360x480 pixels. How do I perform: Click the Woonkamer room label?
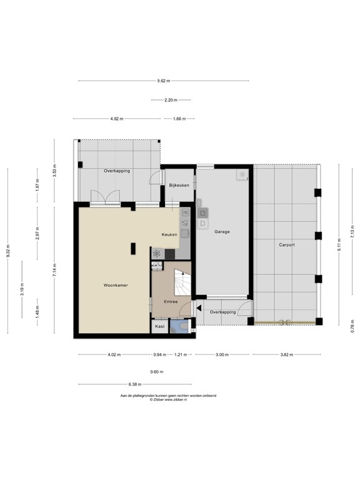click(x=116, y=285)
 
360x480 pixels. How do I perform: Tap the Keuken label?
click(x=169, y=234)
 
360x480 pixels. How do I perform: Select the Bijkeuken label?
click(x=179, y=185)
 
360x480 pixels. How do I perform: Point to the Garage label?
click(x=222, y=231)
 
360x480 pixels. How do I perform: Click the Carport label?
click(x=286, y=244)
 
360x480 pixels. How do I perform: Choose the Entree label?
click(x=171, y=302)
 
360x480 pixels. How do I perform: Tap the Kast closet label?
click(x=159, y=326)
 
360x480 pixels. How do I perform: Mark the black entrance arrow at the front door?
click(x=198, y=307)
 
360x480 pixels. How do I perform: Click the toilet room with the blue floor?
click(x=182, y=327)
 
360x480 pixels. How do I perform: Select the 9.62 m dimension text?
click(x=164, y=81)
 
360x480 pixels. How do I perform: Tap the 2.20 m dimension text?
click(x=171, y=100)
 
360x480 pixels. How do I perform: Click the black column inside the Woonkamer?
click(x=132, y=248)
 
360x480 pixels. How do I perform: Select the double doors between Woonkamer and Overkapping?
click(x=104, y=199)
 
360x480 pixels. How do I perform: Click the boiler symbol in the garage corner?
click(x=241, y=175)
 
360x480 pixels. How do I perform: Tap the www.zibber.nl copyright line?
click(x=169, y=399)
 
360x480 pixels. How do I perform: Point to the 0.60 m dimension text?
click(x=157, y=372)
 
